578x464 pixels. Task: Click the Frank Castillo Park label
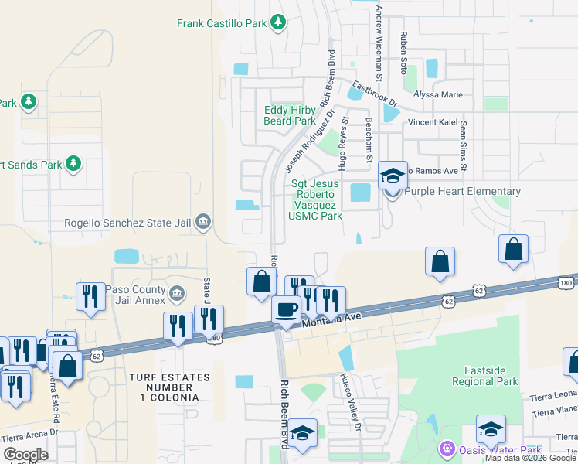[x=221, y=24]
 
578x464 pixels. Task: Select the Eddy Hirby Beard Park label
[x=290, y=116]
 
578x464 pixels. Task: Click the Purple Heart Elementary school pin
[x=392, y=178]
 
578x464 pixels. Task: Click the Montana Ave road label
[x=331, y=317]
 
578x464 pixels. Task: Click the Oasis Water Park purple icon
[x=446, y=449]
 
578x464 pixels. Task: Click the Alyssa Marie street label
[x=438, y=95]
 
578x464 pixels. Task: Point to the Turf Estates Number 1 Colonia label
[x=168, y=387]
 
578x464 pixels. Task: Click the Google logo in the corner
[x=25, y=455]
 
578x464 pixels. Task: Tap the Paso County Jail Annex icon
[x=177, y=294]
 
